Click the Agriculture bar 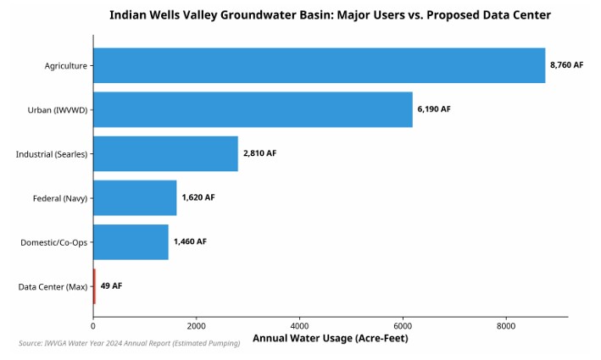tap(319, 65)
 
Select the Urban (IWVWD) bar tap(253, 109)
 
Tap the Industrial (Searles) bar tap(165, 153)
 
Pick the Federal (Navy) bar tap(135, 197)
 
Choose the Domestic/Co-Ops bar tap(131, 241)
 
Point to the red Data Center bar tap(94, 286)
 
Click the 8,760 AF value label tap(566, 65)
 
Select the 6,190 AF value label tap(434, 109)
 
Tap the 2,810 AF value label tap(259, 153)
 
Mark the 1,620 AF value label tap(198, 197)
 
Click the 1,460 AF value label tap(190, 241)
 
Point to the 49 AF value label tap(111, 286)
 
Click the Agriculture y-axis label tap(66, 65)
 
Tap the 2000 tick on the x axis tap(196, 325)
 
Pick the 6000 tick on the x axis tap(403, 325)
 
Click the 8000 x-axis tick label tap(506, 325)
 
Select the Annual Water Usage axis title tap(331, 339)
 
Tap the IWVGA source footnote tap(129, 343)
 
